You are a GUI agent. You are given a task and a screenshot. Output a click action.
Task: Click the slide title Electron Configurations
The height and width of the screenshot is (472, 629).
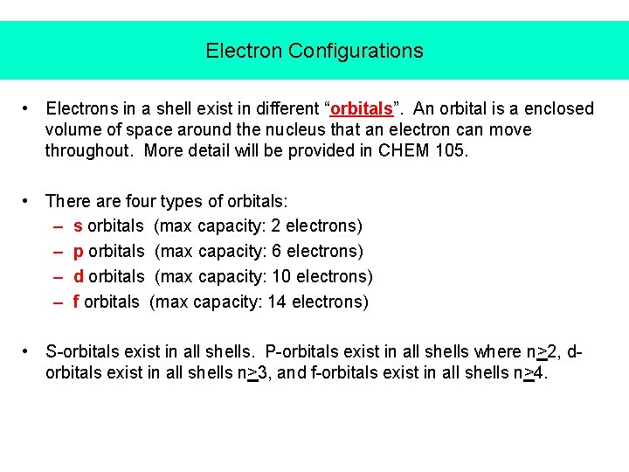pyautogui.click(x=314, y=51)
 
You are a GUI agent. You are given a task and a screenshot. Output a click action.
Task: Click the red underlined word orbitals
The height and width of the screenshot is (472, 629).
pyautogui.click(x=361, y=109)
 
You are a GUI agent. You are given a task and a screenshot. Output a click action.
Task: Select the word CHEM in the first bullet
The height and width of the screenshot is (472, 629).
pyautogui.click(x=401, y=150)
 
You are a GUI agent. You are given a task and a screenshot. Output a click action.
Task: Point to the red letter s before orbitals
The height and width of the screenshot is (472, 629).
pyautogui.click(x=78, y=226)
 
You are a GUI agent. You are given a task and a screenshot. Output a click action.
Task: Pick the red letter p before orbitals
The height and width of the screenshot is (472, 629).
pyautogui.click(x=79, y=252)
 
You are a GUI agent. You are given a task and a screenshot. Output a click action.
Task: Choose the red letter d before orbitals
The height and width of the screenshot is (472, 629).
pyautogui.click(x=79, y=276)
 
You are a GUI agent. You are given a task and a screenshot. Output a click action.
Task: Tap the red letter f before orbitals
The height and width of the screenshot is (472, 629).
pyautogui.click(x=77, y=302)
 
